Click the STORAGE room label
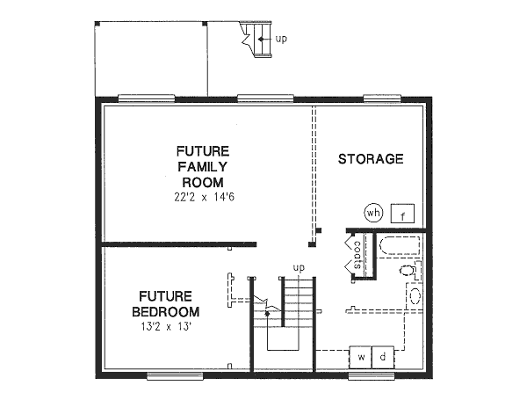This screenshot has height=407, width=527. (x=371, y=159)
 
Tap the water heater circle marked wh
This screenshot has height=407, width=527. (x=372, y=213)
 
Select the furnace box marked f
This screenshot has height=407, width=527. (x=402, y=214)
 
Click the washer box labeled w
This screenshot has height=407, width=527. (x=361, y=357)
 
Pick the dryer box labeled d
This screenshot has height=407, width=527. (x=383, y=357)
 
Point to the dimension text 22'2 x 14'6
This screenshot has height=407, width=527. (x=203, y=198)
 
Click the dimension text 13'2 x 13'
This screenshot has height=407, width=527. (x=166, y=328)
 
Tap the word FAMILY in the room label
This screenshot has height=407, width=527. (x=203, y=166)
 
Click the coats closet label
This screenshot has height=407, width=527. (x=358, y=256)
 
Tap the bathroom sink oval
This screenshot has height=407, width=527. (x=415, y=295)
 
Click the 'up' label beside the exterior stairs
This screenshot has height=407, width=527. (x=281, y=39)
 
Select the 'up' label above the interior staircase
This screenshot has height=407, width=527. (x=298, y=267)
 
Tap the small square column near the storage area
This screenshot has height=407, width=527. (x=319, y=231)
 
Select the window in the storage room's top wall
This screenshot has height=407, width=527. (x=381, y=98)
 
